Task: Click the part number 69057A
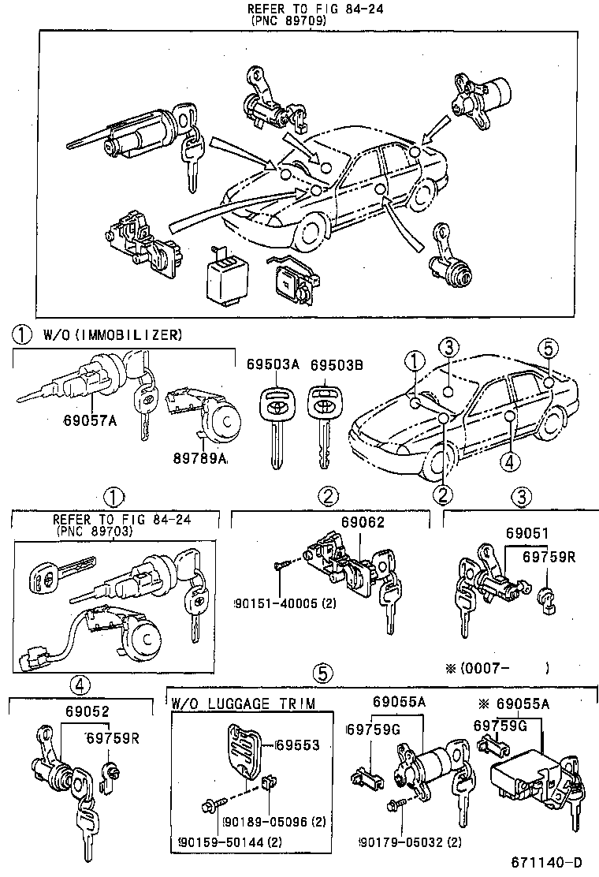tap(90, 420)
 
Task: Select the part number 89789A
tap(200, 458)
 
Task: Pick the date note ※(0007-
tap(478, 668)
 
